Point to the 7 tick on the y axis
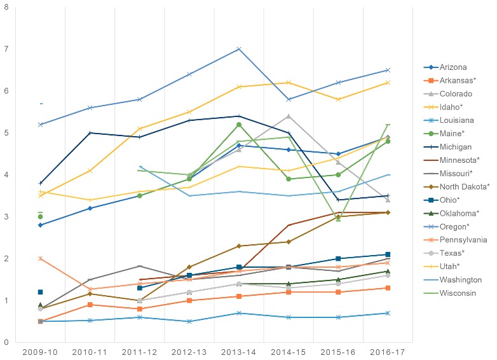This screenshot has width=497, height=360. pyautogui.click(x=5, y=49)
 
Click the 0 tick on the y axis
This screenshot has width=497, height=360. pyautogui.click(x=5, y=343)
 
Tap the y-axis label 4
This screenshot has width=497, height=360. pyautogui.click(x=5, y=175)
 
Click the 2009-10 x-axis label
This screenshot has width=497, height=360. pyautogui.click(x=40, y=352)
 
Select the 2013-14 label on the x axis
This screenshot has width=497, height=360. pyautogui.click(x=238, y=352)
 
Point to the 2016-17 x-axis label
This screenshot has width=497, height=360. pyautogui.click(x=388, y=352)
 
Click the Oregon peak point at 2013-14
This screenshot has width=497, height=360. pyautogui.click(x=238, y=49)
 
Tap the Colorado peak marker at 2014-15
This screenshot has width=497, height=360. pyautogui.click(x=289, y=116)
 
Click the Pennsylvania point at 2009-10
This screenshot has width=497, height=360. pyautogui.click(x=40, y=258)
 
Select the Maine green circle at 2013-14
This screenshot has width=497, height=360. pyautogui.click(x=238, y=125)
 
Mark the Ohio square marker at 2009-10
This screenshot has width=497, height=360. pyautogui.click(x=40, y=292)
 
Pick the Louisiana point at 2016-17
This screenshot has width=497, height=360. pyautogui.click(x=388, y=313)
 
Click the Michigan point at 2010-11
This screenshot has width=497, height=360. pyautogui.click(x=90, y=133)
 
